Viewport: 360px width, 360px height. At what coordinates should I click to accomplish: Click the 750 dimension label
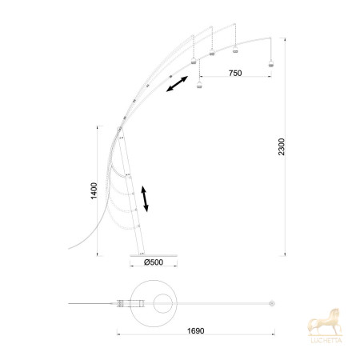[x=235, y=73]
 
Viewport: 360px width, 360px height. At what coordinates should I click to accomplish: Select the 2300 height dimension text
[x=282, y=146]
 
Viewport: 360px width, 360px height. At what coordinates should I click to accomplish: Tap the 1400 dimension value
[x=94, y=190]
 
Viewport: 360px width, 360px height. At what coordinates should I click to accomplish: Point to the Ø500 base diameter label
[x=154, y=262]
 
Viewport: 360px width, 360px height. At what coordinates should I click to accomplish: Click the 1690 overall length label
[x=195, y=331]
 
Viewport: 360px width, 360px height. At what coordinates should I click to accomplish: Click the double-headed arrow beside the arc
[x=177, y=84]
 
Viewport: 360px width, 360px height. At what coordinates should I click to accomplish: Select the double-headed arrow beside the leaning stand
[x=145, y=199]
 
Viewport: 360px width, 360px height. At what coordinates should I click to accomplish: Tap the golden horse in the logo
[x=325, y=322]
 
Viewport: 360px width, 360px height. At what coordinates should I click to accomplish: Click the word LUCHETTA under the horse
[x=326, y=340]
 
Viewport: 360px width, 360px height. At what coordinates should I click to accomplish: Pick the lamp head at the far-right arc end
[x=271, y=64]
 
